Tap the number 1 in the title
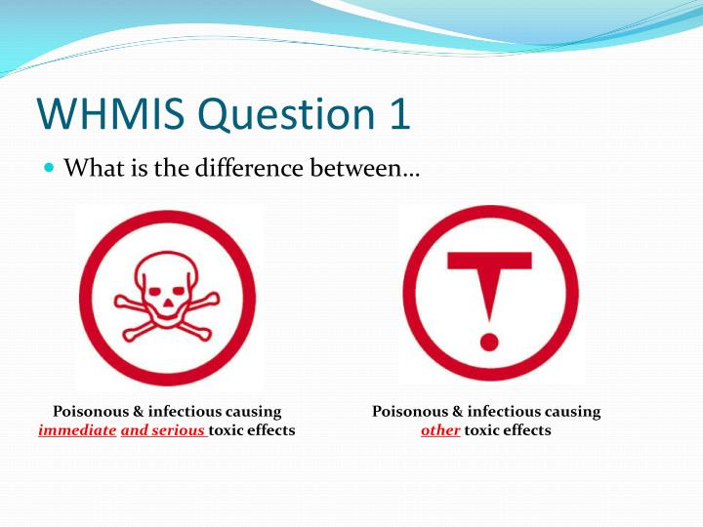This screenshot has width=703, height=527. point(394,115)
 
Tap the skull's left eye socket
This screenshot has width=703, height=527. point(156,278)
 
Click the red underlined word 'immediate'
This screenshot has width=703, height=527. point(77,430)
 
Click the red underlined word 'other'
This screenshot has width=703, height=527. point(440,430)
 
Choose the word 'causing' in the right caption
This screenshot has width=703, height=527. point(574,412)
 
